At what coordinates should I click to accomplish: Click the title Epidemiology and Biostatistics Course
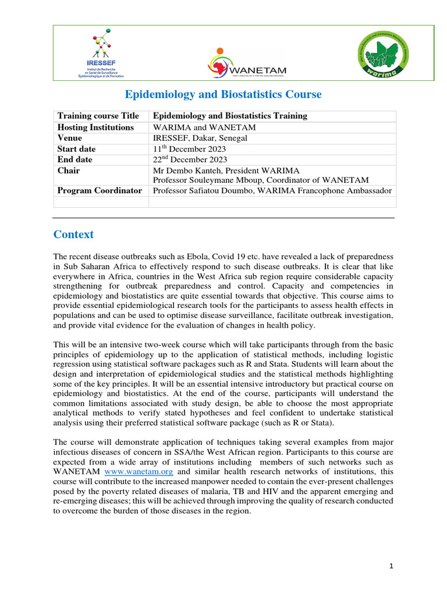coord(223,94)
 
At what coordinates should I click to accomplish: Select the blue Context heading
coord(73,235)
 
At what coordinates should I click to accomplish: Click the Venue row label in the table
coord(69,138)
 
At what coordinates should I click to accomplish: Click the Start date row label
coord(76,149)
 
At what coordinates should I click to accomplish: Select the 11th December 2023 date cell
coord(189,149)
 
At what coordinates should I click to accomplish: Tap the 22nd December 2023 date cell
coord(190,159)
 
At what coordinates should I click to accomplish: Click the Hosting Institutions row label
coord(95,127)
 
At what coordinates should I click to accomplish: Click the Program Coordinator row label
coord(100,190)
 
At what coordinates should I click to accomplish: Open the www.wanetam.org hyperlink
coord(138,471)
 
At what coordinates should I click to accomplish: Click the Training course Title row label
coord(98,116)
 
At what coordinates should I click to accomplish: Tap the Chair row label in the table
coord(68,171)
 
